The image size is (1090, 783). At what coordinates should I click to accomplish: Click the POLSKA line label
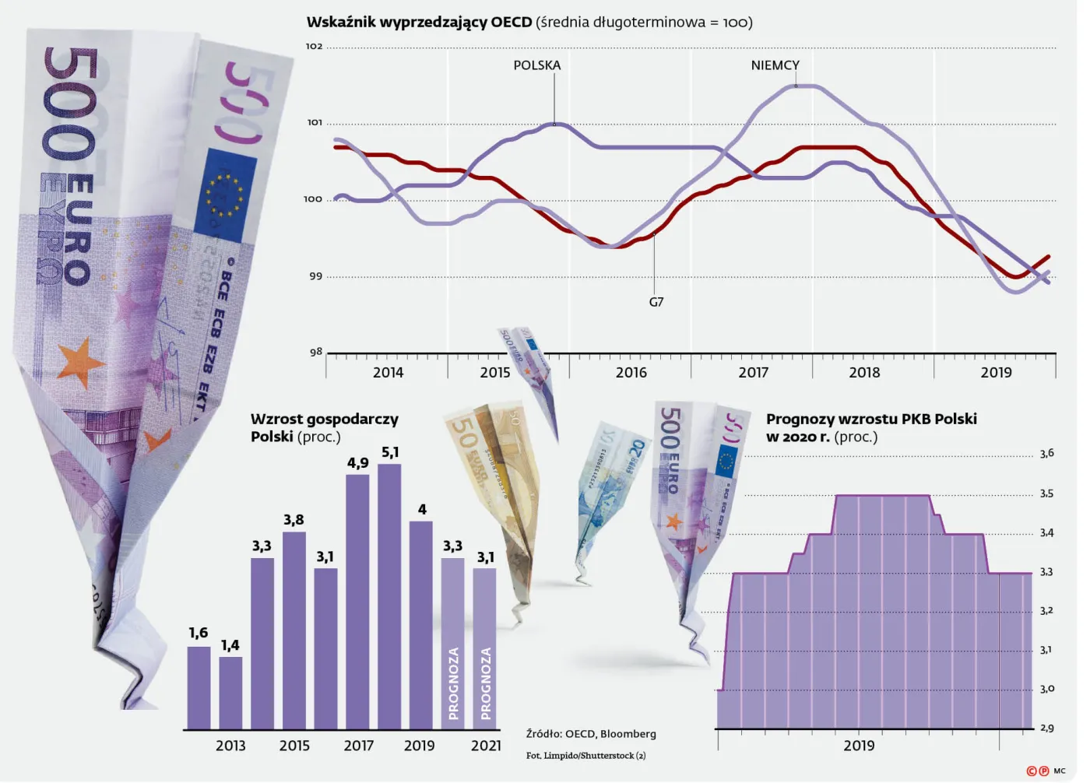tap(536, 65)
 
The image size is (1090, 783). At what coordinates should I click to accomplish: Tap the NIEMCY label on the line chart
tap(775, 65)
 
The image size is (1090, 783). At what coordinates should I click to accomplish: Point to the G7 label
tap(656, 302)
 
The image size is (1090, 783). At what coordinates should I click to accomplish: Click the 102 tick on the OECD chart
tap(315, 46)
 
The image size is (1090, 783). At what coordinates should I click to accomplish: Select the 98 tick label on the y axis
tap(316, 352)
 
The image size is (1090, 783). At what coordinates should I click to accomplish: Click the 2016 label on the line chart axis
tap(631, 373)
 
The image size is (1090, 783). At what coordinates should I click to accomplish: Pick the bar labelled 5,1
tap(389, 596)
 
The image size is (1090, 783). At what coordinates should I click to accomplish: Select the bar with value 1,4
tap(230, 693)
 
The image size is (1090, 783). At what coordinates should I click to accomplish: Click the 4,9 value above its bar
tap(357, 463)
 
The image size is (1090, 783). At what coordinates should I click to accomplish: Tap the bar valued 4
tap(421, 625)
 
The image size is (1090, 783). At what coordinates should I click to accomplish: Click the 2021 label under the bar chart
tap(486, 746)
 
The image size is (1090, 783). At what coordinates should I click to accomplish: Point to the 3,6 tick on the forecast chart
tap(1046, 454)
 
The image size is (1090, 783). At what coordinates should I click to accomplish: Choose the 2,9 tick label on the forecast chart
tap(1046, 728)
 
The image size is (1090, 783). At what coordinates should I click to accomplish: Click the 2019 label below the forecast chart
tap(859, 746)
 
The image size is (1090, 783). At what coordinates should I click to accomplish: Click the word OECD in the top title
tap(511, 23)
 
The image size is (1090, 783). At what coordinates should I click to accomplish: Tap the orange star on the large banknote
tap(80, 363)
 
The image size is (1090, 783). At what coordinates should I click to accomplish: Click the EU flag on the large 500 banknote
tap(225, 195)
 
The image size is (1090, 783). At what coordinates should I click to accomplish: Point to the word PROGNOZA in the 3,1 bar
tap(485, 683)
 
